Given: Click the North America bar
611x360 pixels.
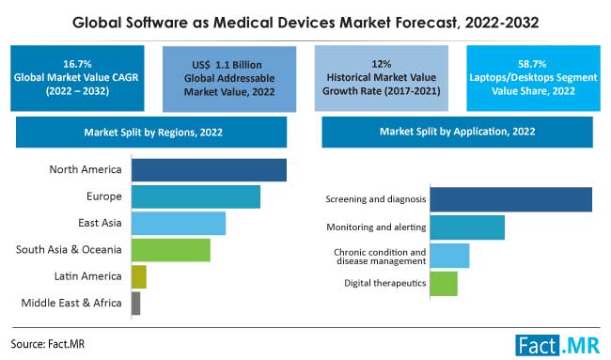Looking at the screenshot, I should point(209,169).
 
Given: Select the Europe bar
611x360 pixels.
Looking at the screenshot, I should point(196,196).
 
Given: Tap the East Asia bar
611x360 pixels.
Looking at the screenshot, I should point(179,223).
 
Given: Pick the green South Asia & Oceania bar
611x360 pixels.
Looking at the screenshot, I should point(171,249).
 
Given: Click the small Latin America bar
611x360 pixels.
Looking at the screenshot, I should point(139,276).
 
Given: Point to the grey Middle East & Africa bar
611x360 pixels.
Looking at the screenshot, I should point(136,303).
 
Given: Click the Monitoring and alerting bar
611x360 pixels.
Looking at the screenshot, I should point(467,227).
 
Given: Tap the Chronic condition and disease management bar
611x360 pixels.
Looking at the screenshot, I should point(449,256).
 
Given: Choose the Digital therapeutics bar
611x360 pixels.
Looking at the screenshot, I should point(444,283).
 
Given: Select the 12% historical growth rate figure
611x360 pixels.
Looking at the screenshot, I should point(383,59).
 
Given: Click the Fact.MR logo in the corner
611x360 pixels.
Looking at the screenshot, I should point(558,344).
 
